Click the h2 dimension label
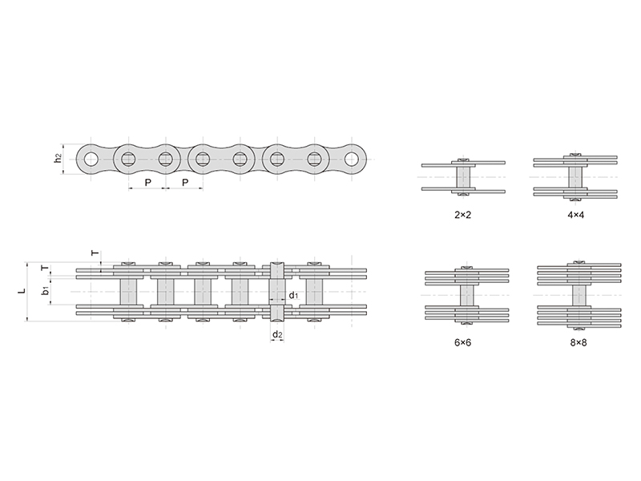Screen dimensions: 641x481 [x=58, y=158]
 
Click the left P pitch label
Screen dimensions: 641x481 [x=148, y=183]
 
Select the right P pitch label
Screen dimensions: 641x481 [x=185, y=183]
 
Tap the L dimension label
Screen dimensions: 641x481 [x=22, y=291]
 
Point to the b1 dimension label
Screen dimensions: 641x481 [x=46, y=290]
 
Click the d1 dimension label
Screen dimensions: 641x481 [x=294, y=295]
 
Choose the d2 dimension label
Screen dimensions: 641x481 [x=277, y=335]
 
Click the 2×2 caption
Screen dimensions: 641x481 [x=463, y=215]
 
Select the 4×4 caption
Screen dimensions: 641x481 [x=575, y=215]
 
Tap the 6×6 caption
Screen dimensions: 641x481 [x=463, y=342]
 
